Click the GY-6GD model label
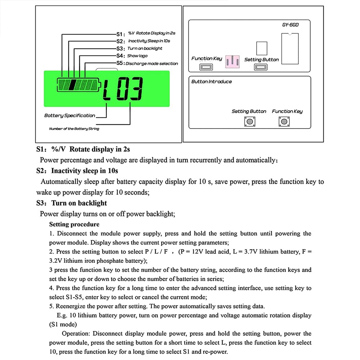tap(290, 25)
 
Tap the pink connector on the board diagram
tap(232, 61)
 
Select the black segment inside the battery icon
tap(72, 85)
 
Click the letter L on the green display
tap(107, 90)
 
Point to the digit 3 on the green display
tap(135, 89)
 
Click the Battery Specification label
tap(69, 116)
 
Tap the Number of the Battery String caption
tap(74, 129)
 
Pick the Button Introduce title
tap(211, 82)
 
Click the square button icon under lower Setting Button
tap(249, 122)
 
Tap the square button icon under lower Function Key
tap(282, 122)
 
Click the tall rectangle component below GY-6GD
tap(290, 48)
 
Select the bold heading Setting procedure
tap(74, 224)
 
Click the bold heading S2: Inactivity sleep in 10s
tap(77, 171)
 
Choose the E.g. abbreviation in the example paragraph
tap(62, 315)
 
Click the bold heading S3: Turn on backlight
tap(72, 203)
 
